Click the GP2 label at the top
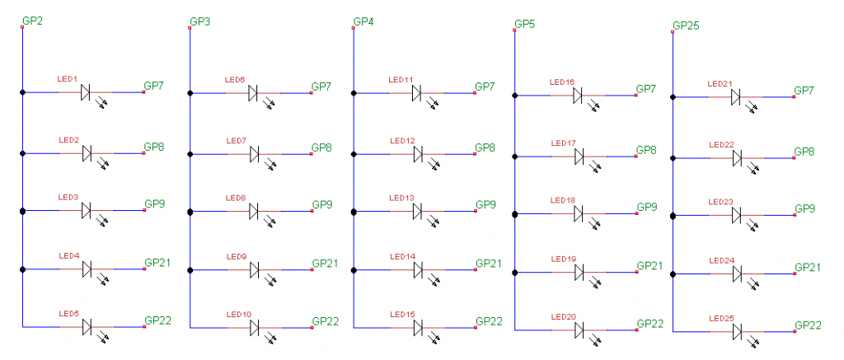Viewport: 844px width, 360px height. click(32, 21)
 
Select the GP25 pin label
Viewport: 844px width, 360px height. click(686, 26)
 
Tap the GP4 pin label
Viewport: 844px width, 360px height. click(363, 21)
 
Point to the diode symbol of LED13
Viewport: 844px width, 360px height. click(418, 212)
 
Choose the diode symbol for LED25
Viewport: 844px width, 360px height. click(737, 331)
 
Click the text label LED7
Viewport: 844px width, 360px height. click(236, 141)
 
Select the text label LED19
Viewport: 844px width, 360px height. click(563, 259)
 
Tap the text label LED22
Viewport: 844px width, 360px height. click(720, 145)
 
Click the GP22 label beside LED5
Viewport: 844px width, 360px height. click(157, 320)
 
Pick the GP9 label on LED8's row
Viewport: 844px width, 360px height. click(321, 204)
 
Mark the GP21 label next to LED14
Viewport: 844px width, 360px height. click(488, 263)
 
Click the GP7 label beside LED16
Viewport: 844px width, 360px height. click(646, 88)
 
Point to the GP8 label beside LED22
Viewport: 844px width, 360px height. click(804, 152)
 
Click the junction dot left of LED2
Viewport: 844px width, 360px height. click(23, 153)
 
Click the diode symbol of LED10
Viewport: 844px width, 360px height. click(255, 328)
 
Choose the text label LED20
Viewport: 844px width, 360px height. click(563, 317)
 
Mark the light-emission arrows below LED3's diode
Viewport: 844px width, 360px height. click(103, 221)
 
